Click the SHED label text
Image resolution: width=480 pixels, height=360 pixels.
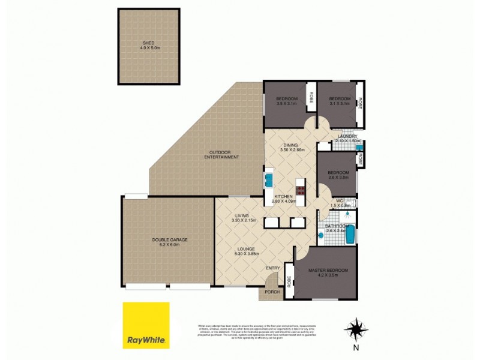148,43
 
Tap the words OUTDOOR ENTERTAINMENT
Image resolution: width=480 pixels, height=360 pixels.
220,154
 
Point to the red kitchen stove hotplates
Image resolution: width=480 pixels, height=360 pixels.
299,191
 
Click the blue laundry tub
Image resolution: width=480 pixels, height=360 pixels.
359,146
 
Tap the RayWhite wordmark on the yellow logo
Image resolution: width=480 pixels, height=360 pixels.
146,341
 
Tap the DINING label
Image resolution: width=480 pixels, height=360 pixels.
291,144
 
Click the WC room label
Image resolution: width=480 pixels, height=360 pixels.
339,201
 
